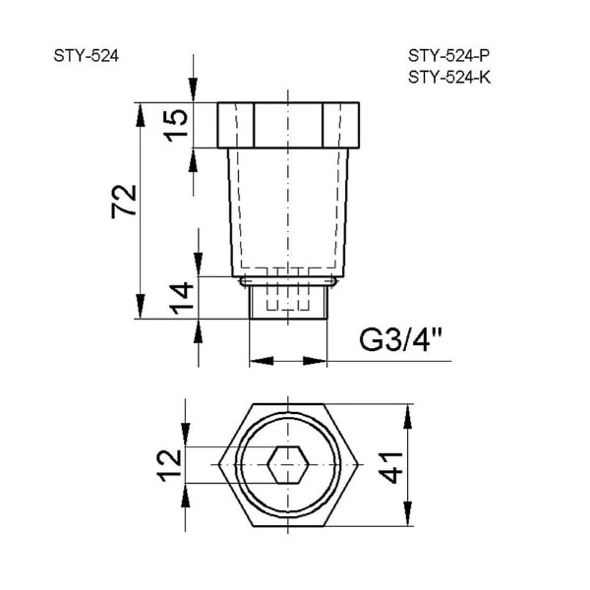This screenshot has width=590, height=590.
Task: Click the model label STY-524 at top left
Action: (87, 56)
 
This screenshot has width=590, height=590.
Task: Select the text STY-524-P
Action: (448, 56)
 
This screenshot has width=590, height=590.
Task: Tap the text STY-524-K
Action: (448, 78)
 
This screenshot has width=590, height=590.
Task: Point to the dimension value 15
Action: (174, 124)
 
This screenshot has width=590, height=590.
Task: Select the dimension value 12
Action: (169, 464)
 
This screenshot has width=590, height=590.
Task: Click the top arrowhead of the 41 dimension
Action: (405, 411)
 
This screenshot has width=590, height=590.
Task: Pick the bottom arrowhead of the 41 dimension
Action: (405, 519)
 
